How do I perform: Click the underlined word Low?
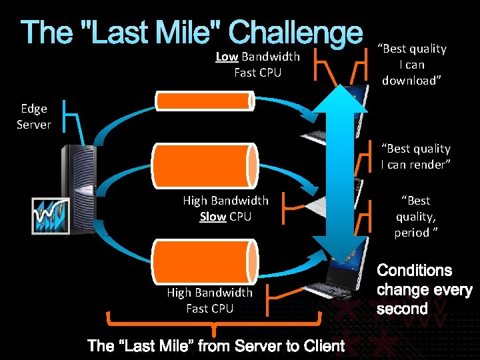point(227,57)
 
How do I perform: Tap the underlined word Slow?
point(213,217)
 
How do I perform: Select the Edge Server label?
point(33,116)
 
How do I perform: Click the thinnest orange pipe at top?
point(204,101)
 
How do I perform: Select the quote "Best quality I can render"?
point(415,157)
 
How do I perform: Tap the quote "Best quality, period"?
point(415,216)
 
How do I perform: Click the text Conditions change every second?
point(424,289)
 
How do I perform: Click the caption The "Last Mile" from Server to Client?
point(216,345)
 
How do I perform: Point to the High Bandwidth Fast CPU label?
point(209,300)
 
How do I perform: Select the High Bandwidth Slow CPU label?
point(225,208)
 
